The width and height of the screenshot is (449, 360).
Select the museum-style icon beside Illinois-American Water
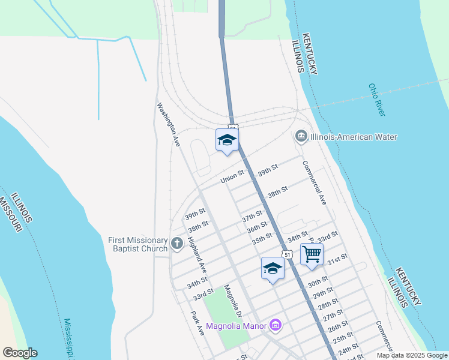(x=301, y=136)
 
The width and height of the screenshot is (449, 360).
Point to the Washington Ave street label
(x=169, y=125)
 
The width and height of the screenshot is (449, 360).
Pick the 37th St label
(x=252, y=216)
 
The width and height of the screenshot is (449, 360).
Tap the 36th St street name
(x=256, y=228)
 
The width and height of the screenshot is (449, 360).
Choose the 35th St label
(x=262, y=239)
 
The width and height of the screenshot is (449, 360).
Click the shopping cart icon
(x=312, y=254)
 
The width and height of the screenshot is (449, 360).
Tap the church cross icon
(x=176, y=244)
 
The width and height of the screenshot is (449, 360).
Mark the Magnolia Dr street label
(x=233, y=302)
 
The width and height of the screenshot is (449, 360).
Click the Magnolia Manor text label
(x=237, y=327)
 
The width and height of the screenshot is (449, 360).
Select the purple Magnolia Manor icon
(x=276, y=326)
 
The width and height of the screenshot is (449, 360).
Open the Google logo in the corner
(x=20, y=353)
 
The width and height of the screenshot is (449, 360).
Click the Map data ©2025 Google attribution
(x=411, y=355)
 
